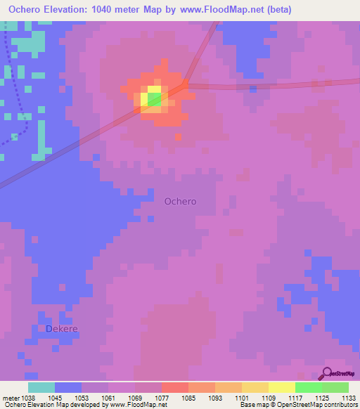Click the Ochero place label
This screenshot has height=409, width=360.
coord(180,201)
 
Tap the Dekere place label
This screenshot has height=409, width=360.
coord(61,328)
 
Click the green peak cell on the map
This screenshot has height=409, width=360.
coord(154,99)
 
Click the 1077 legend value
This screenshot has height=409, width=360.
coord(161,397)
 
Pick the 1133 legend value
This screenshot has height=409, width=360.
coord(348,397)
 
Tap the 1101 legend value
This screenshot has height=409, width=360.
coord(241,397)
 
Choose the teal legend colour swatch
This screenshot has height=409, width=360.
coord(41,387)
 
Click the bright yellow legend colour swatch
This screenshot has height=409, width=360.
coord(281,387)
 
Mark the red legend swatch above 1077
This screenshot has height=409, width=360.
coord(174,387)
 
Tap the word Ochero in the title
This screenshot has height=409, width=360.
coord(29,10)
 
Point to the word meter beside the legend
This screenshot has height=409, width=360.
coord(10,397)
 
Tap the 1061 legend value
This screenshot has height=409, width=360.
coord(108,397)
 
